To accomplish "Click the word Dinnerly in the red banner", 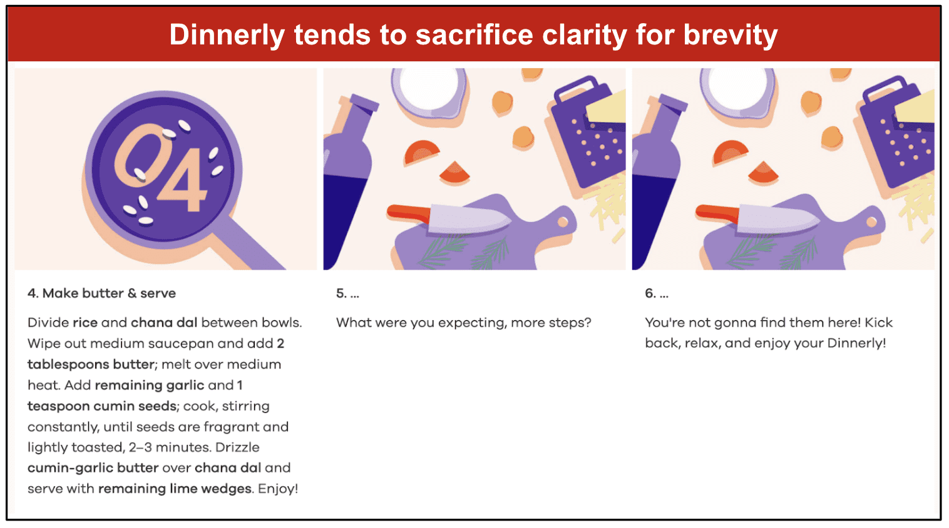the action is click(x=227, y=34).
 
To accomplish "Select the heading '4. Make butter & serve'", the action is click(x=101, y=293).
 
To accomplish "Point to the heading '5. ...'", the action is click(x=347, y=293).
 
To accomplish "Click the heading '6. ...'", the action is click(x=656, y=293).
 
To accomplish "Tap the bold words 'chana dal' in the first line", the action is click(x=164, y=323).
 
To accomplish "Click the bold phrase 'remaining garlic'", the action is click(x=150, y=385).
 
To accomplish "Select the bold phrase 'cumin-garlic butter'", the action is click(x=93, y=468).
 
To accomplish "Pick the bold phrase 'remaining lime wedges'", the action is click(x=175, y=489).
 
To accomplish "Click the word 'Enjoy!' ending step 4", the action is click(x=278, y=489).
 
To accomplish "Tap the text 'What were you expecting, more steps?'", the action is click(x=463, y=323).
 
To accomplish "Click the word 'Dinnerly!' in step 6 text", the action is click(x=856, y=343).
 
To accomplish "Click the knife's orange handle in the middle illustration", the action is click(x=409, y=213).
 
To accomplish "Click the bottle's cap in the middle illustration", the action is click(x=364, y=103).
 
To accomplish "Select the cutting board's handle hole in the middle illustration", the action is click(x=563, y=222).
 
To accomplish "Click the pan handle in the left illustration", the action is click(x=250, y=246).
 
